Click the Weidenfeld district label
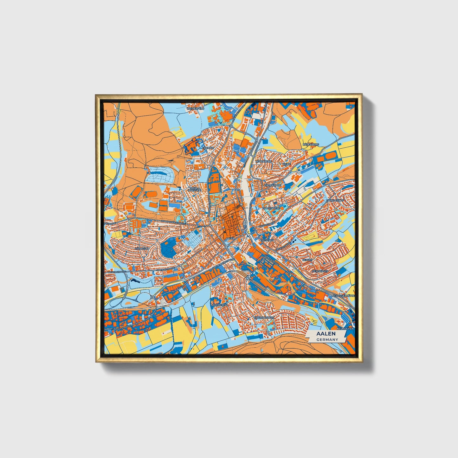click(x=196, y=108)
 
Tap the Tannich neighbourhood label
click(x=208, y=148)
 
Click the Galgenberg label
click(x=271, y=208)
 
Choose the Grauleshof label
click(x=335, y=201)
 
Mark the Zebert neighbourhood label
click(x=307, y=260)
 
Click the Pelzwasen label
click(x=320, y=271)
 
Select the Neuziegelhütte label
click(x=343, y=295)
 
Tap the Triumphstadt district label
click(x=263, y=317)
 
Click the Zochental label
click(x=220, y=305)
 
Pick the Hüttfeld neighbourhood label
click(x=141, y=249)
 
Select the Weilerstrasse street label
click(x=117, y=272)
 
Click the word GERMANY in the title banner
click(x=327, y=339)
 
